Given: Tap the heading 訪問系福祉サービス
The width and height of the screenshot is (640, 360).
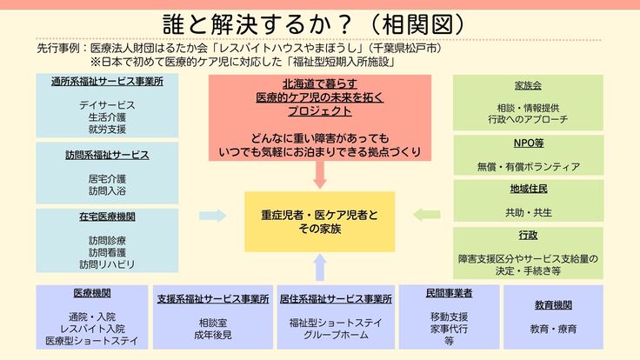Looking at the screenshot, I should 107,155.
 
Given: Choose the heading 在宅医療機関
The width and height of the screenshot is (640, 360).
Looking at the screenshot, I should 107,217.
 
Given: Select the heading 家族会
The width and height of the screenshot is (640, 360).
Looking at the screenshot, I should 528,85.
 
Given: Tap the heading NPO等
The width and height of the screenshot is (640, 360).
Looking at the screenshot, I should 528,143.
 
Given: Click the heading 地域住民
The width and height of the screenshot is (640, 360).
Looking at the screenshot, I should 528,189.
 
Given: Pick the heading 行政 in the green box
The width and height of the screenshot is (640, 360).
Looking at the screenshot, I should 528,235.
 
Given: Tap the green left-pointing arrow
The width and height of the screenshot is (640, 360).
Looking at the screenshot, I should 426,215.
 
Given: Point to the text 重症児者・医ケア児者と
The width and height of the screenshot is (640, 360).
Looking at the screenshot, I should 320,214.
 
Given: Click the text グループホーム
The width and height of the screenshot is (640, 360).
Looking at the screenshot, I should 336,335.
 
